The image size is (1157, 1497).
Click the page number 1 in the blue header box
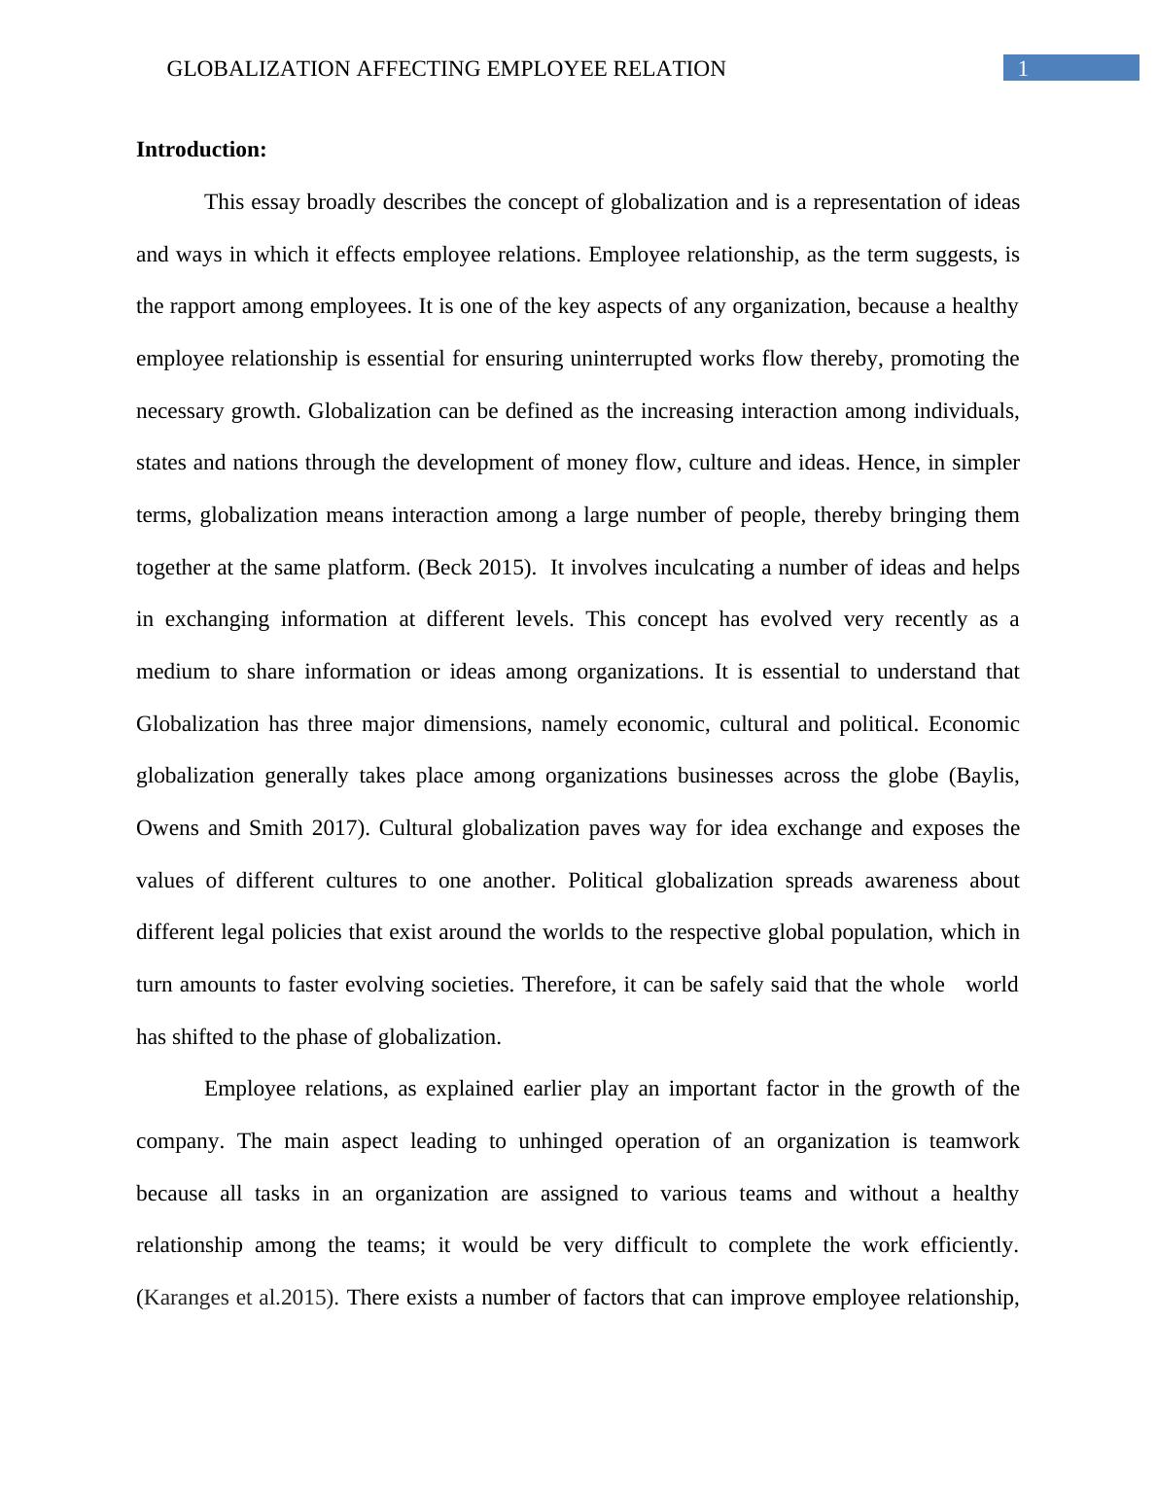(1023, 68)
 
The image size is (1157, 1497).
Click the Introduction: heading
(201, 150)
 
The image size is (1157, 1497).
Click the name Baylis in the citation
(987, 776)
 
